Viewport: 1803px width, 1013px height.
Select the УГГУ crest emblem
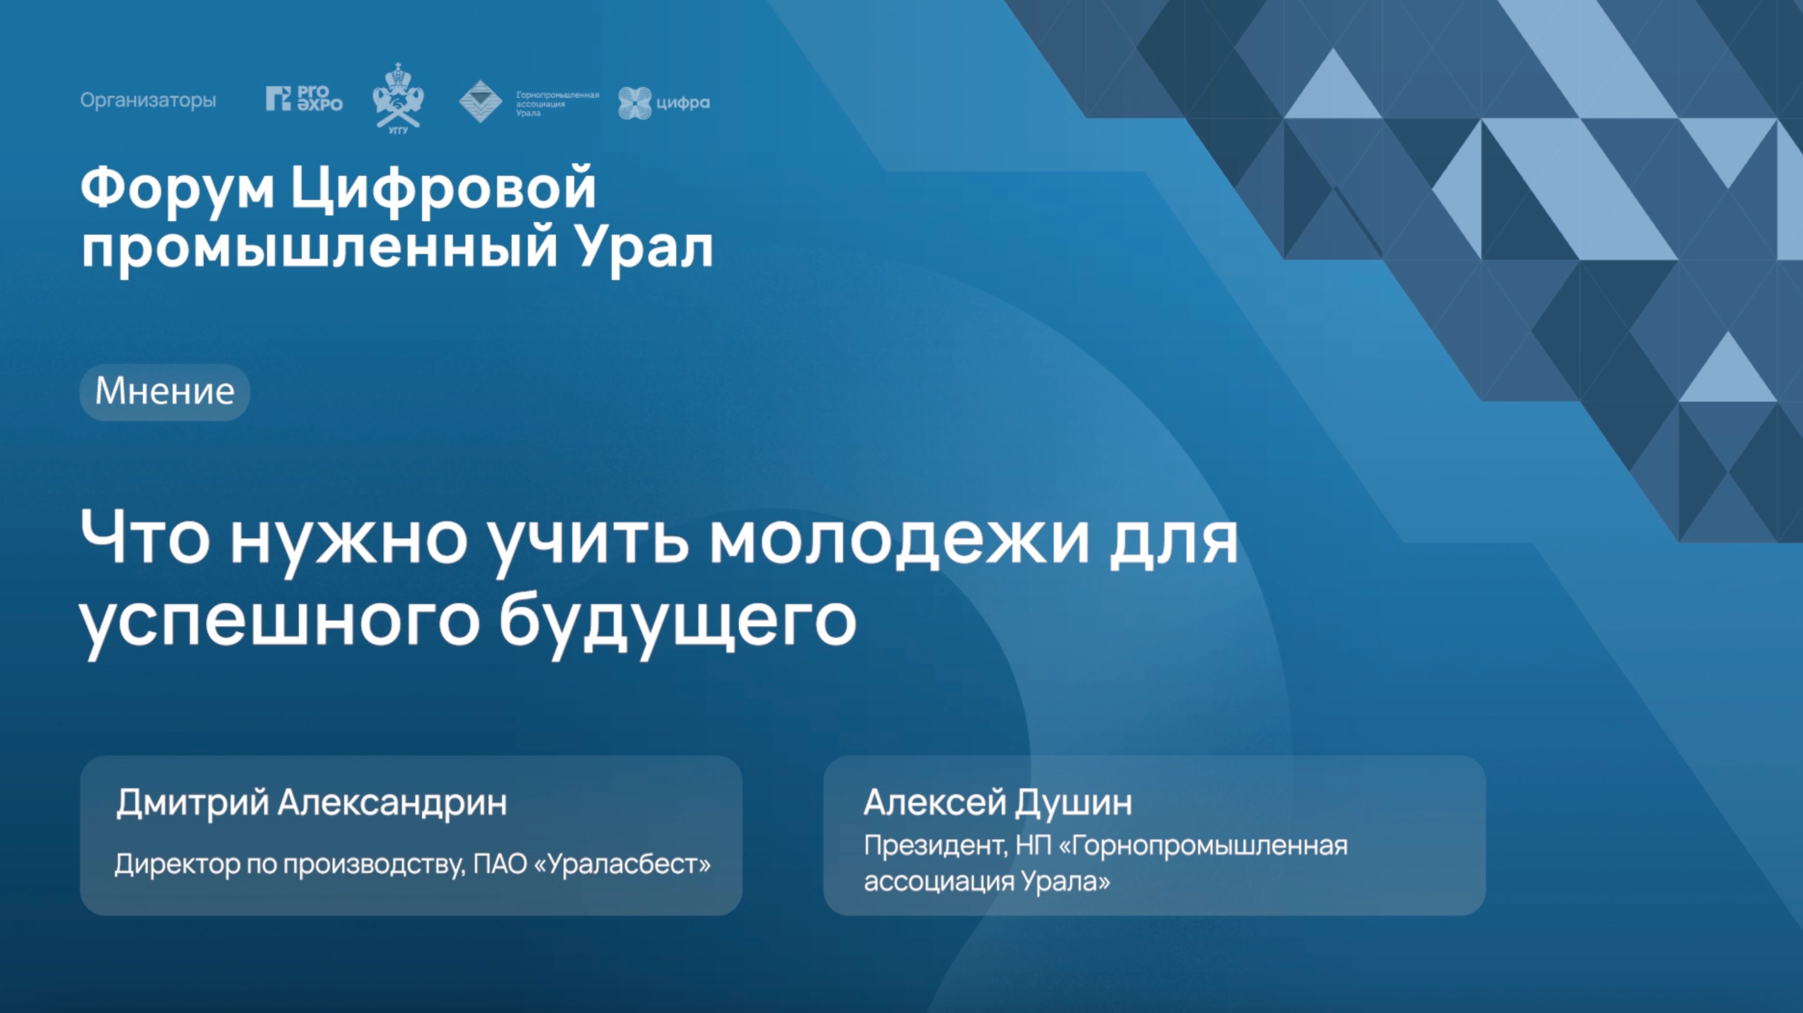(398, 98)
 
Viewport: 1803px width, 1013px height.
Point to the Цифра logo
(663, 103)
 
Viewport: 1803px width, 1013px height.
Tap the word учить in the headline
(588, 540)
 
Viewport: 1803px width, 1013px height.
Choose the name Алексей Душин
(997, 803)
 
